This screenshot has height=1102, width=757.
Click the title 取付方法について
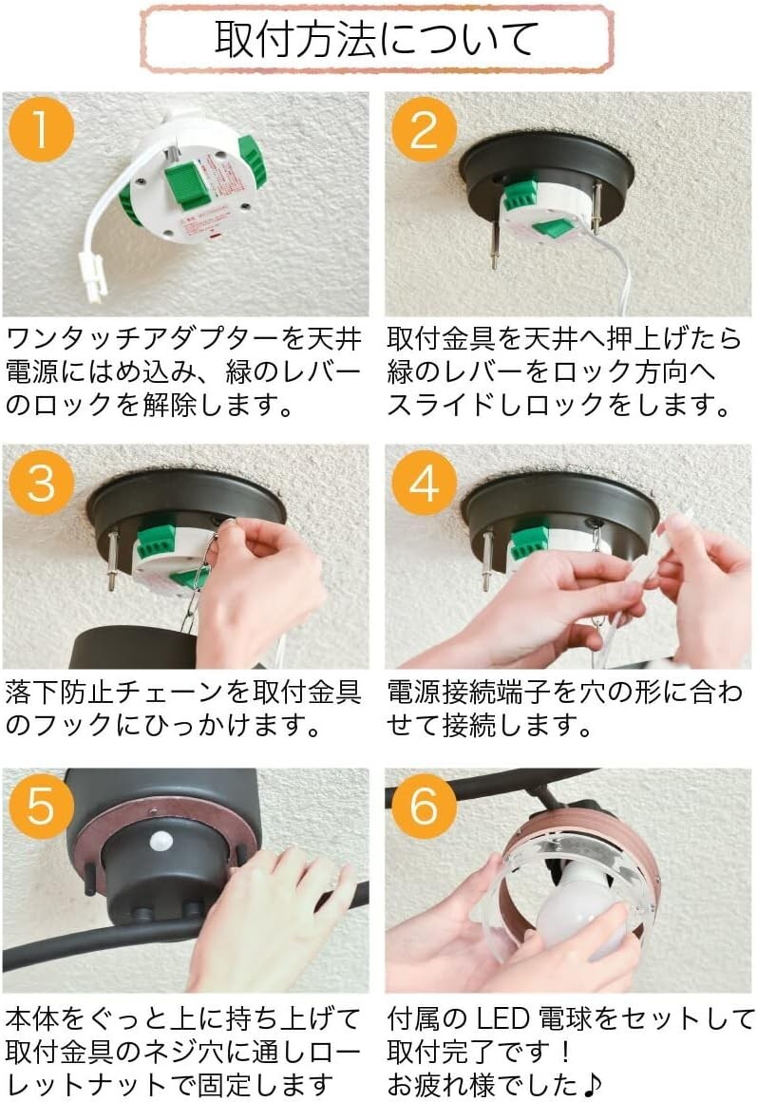[377, 39]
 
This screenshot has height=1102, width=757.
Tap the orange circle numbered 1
[42, 129]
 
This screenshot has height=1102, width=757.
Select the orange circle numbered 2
[424, 129]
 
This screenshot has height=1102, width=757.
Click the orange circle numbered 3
[42, 483]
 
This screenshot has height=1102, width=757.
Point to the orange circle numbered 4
[424, 483]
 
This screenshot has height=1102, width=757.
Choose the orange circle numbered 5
[42, 807]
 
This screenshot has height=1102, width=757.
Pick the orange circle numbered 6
[424, 807]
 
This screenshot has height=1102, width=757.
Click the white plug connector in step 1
[93, 276]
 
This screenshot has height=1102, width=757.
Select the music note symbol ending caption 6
[592, 1085]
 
